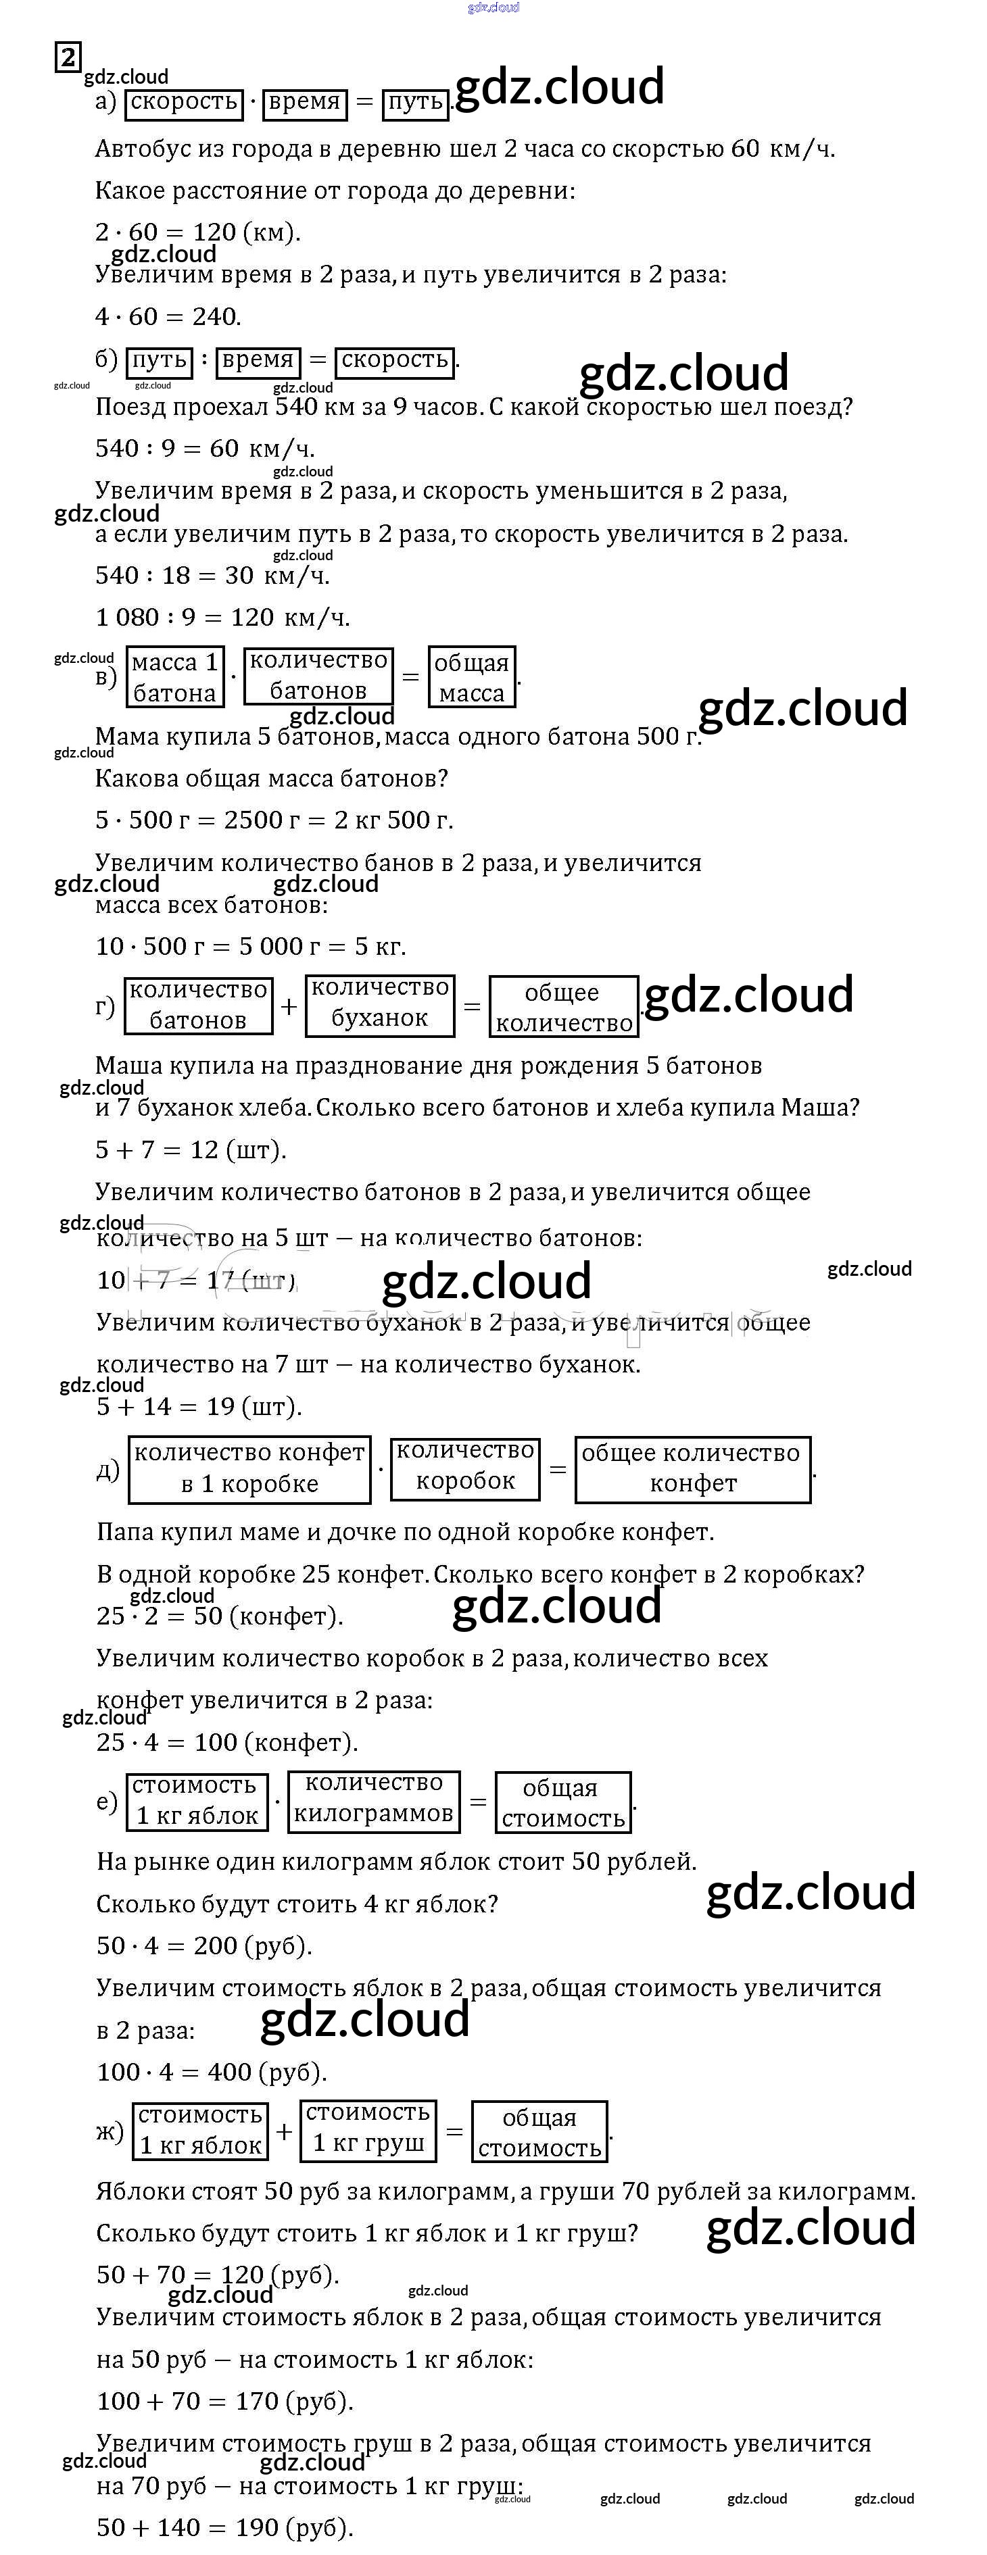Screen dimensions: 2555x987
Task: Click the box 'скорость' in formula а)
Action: pyautogui.click(x=185, y=102)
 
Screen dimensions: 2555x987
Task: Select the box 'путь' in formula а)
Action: pyautogui.click(x=416, y=102)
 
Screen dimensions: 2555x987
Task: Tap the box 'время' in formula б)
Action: pyautogui.click(x=258, y=360)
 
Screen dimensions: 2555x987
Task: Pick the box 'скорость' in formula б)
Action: pyautogui.click(x=395, y=360)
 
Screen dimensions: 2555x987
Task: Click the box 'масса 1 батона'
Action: pyautogui.click(x=174, y=677)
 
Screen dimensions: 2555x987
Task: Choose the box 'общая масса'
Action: pyautogui.click(x=472, y=677)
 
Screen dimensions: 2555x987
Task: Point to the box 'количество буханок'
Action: pyautogui.click(x=380, y=1003)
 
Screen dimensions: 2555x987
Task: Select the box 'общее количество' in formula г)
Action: pyautogui.click(x=562, y=1008)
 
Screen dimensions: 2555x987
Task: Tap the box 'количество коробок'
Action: pyautogui.click(x=465, y=1467)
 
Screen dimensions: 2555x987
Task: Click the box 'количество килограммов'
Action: pyautogui.click(x=374, y=1800)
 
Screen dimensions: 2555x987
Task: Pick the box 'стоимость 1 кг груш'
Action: pyautogui.click(x=368, y=2129)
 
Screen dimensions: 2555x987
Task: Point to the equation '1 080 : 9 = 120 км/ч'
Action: pyautogui.click(x=222, y=618)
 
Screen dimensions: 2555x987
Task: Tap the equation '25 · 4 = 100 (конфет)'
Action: pyautogui.click(x=227, y=1743)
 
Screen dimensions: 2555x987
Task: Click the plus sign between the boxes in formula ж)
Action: pyautogui.click(x=285, y=2131)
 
